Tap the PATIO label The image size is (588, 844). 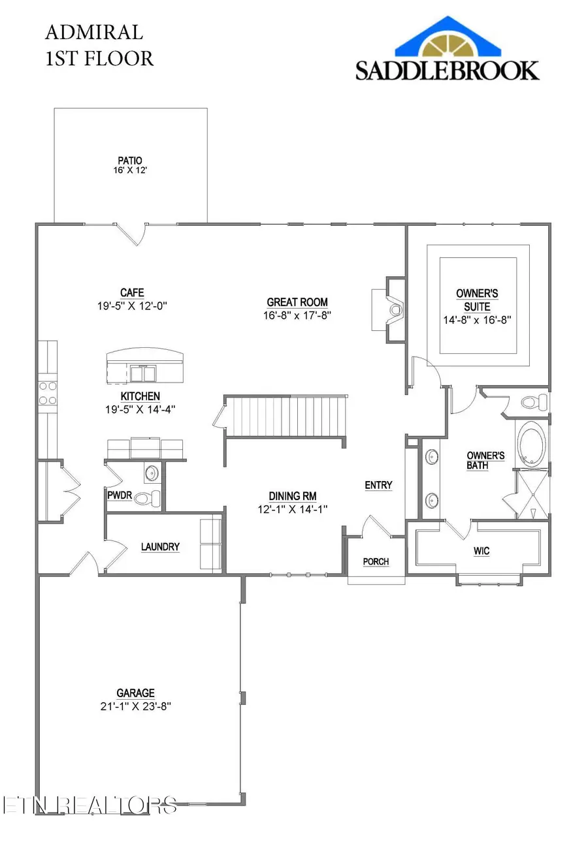click(130, 161)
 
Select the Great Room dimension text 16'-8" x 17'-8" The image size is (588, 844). click(297, 315)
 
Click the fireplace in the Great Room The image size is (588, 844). click(394, 309)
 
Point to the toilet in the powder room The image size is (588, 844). click(148, 498)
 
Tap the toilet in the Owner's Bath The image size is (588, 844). click(534, 401)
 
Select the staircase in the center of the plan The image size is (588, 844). click(286, 416)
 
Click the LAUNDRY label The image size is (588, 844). click(160, 547)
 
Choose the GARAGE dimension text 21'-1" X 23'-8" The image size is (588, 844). click(136, 706)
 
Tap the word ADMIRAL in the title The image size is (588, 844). click(94, 33)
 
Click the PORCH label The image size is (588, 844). click(376, 562)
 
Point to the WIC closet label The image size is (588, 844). click(482, 551)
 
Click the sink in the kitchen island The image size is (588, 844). click(143, 373)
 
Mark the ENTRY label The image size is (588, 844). click(378, 485)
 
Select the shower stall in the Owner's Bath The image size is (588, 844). click(532, 494)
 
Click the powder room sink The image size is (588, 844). click(152, 473)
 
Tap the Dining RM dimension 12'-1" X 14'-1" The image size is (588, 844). click(292, 509)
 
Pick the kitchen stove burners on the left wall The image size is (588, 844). click(48, 393)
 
